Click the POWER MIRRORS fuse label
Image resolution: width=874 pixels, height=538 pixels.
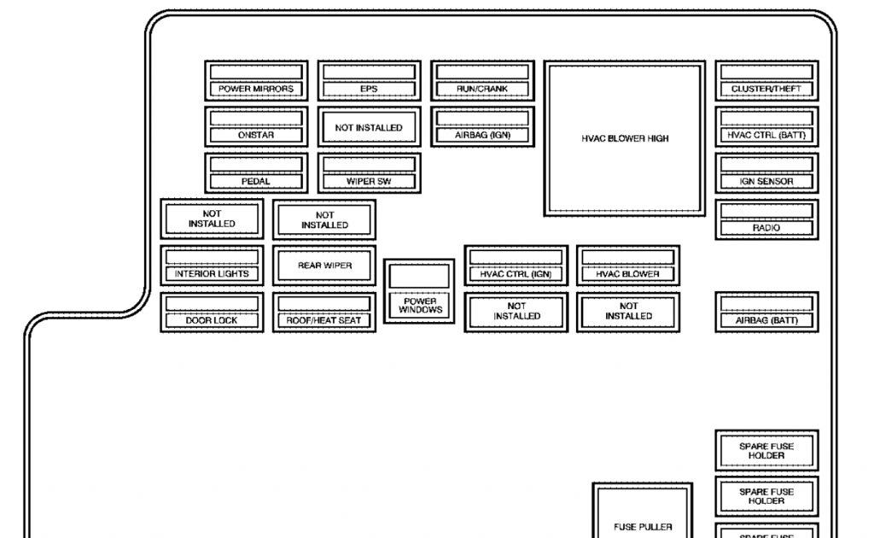coord(255,89)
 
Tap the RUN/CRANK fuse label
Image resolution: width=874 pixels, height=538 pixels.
coord(482,89)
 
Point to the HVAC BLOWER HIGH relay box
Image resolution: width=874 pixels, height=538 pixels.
coord(626,138)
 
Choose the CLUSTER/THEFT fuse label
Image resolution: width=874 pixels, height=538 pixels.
coord(766,89)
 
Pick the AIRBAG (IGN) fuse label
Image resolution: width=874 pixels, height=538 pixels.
coord(482,135)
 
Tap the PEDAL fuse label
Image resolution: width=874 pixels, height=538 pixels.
coord(255,181)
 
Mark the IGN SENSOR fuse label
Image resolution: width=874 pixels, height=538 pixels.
coord(766,181)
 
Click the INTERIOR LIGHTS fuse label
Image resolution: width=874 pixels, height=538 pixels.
coord(212,274)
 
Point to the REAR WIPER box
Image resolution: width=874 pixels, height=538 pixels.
coord(324,266)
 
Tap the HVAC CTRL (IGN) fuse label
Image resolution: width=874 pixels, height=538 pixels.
coord(516,274)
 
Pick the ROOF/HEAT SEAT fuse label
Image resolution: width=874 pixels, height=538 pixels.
coord(324,320)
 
